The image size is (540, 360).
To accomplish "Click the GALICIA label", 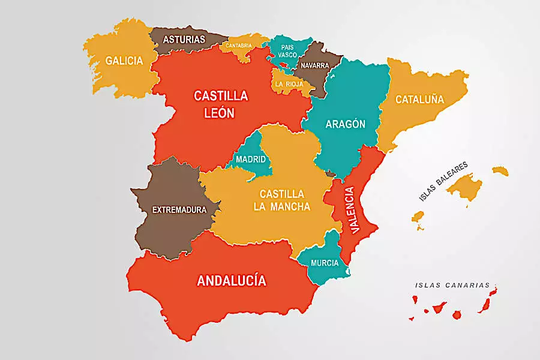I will pos(124,61).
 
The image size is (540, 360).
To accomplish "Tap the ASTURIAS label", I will pos(184,40).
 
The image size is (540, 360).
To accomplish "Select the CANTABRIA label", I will pos(239,45).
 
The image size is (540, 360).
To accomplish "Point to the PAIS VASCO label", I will pos(287,50).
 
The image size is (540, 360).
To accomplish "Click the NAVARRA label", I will pos(315,65).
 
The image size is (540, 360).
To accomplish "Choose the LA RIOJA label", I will pos(289,85).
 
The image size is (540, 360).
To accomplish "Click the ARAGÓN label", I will pos(345,124).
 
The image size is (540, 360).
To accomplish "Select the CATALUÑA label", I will pos(419,100).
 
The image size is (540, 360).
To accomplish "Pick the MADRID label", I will pos(251,160).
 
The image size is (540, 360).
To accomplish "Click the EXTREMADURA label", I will pos(179,210).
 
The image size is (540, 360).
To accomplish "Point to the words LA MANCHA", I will pos(282,207).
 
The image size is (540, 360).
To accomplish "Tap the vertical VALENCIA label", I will pos(351,210).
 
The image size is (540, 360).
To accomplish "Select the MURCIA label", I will pos(325,263).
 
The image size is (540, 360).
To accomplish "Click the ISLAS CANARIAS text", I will pos(452,286).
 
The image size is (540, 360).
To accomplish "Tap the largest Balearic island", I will pos(464,187).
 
